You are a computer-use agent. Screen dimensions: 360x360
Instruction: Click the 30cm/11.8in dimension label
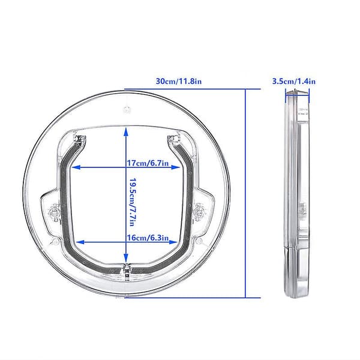pyautogui.click(x=179, y=82)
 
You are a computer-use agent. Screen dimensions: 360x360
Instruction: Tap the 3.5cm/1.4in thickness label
pyautogui.click(x=294, y=82)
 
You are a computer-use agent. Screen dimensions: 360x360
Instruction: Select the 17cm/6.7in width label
pyautogui.click(x=148, y=163)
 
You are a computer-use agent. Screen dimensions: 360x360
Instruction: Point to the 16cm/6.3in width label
pyautogui.click(x=148, y=238)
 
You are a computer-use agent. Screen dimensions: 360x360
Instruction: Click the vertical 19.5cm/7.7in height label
pyautogui.click(x=133, y=202)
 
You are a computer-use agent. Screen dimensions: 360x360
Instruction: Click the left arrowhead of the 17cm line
pyautogui.click(x=76, y=167)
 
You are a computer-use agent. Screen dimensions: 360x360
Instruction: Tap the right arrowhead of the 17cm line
pyautogui.click(x=176, y=167)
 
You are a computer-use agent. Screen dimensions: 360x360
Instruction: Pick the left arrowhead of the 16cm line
pyautogui.click(x=80, y=242)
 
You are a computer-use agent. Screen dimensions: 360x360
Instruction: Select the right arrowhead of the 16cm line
pyautogui.click(x=173, y=242)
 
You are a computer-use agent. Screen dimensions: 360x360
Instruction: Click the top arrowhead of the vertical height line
pyautogui.click(x=125, y=132)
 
